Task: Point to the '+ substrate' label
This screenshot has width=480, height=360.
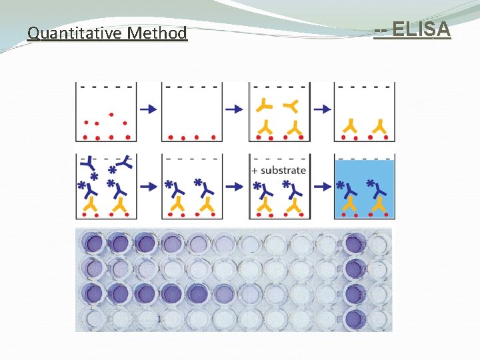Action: (x=279, y=171)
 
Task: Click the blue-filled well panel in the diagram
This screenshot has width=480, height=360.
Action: (x=365, y=189)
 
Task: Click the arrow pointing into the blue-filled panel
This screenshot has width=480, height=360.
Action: (x=323, y=187)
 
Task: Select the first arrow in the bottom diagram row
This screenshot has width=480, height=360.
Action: (x=149, y=187)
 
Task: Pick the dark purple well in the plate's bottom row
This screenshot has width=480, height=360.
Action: (x=354, y=318)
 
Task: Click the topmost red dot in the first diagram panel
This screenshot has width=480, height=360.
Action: (x=111, y=115)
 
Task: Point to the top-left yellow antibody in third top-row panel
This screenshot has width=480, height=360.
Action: (x=265, y=104)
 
